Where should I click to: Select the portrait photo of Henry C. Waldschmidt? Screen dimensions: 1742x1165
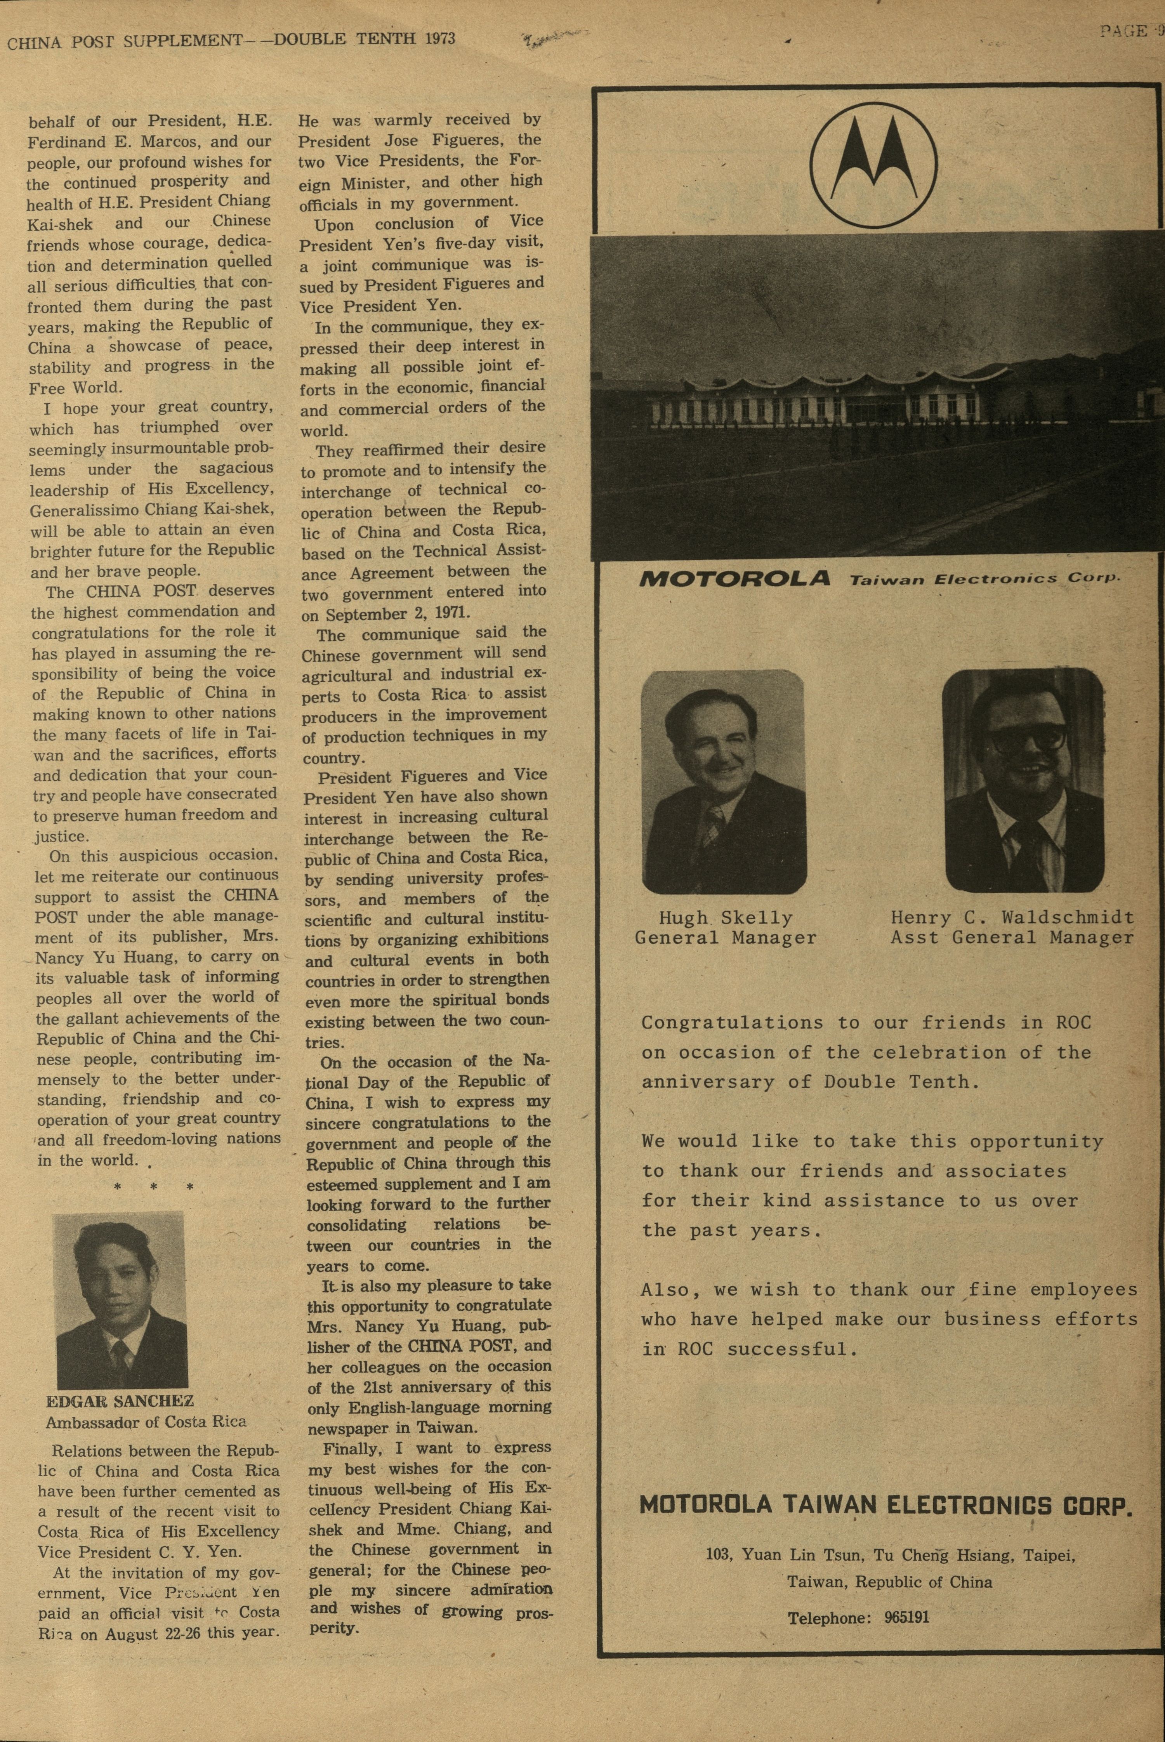point(1023,780)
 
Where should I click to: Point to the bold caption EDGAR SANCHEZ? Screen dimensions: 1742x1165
point(120,1402)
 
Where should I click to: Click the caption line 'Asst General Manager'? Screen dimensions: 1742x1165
point(1012,938)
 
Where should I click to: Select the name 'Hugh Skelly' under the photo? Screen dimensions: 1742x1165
point(725,918)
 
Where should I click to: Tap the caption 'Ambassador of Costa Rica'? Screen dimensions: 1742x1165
point(146,1422)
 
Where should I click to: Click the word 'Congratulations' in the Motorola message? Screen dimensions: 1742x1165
point(732,1023)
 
